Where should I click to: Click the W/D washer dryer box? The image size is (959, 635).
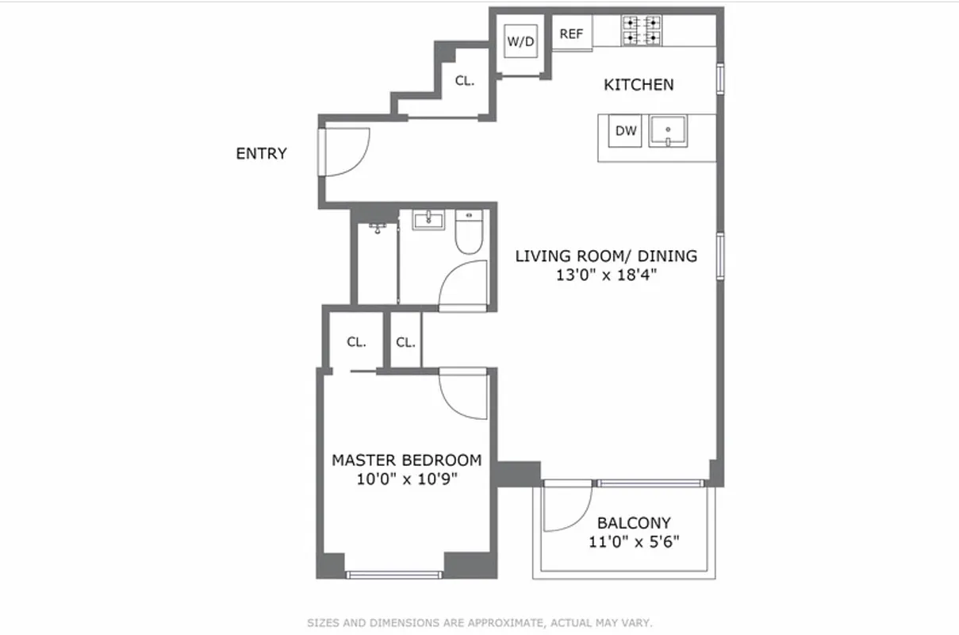point(520,42)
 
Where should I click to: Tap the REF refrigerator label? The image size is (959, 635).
point(571,34)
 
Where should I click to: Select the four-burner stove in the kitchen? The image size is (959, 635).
point(642,31)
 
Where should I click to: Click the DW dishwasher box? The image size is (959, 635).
point(626,131)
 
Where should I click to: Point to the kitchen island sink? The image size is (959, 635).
point(669,131)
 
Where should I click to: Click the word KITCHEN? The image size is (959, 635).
point(639,85)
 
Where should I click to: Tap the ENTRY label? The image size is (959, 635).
point(261,154)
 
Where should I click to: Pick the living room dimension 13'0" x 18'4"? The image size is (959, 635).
point(606,275)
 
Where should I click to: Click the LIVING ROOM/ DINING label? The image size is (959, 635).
point(606,256)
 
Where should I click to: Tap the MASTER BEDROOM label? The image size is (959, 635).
point(406,460)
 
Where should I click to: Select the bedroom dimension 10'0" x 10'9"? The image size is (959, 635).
point(406,479)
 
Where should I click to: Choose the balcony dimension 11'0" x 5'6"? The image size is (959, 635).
point(633,542)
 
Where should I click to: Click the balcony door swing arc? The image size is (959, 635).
point(568,508)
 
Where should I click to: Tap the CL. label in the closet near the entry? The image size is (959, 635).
point(464,80)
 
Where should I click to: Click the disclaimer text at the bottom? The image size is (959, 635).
point(479,623)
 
